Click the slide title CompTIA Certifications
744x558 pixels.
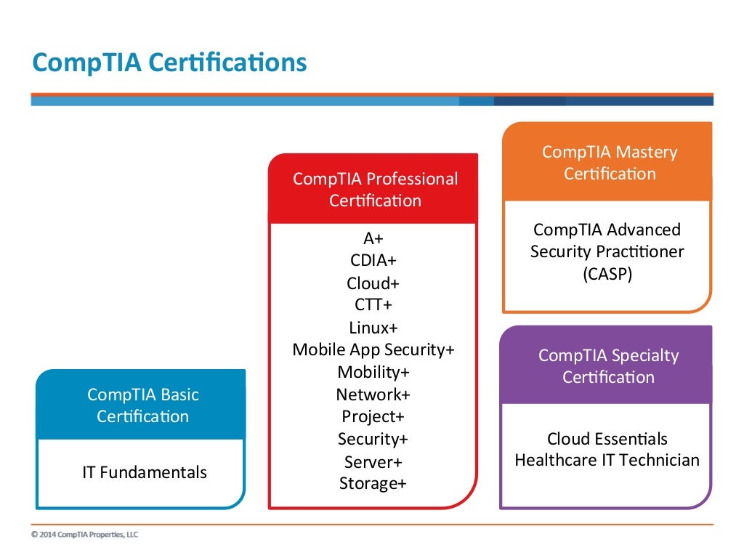tap(169, 62)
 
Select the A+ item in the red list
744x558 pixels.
tap(373, 238)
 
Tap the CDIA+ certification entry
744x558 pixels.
tap(373, 260)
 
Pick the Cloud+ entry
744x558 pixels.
tap(373, 283)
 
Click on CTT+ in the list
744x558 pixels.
tap(373, 304)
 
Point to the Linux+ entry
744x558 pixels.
tap(373, 327)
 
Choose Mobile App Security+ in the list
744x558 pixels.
tap(373, 349)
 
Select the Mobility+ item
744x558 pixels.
tap(373, 372)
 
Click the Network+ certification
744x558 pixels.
tap(373, 395)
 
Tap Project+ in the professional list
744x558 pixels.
tap(373, 416)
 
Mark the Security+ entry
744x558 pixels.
tap(373, 439)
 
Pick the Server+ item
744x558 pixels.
tap(373, 462)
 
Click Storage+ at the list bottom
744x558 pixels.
tap(373, 483)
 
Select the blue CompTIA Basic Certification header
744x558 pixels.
tap(142, 405)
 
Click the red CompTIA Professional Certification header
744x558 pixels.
tap(375, 189)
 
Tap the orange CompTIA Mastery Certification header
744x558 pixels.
tap(609, 163)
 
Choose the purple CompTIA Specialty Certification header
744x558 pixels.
tap(608, 366)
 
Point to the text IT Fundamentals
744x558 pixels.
tap(144, 472)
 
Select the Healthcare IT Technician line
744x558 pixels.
tap(607, 460)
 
